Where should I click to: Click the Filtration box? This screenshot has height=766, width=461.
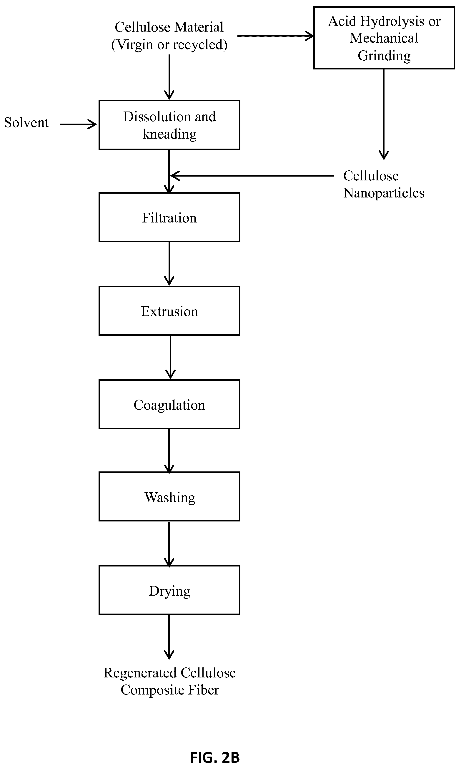tap(169, 217)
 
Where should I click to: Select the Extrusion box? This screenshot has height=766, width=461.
tap(169, 311)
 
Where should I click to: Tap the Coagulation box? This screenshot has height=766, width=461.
tap(169, 404)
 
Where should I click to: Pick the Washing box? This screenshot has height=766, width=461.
tap(169, 496)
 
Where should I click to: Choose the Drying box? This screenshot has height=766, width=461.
tap(169, 590)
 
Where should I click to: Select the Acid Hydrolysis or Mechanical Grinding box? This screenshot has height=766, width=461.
tap(384, 38)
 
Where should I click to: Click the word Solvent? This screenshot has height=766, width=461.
tap(26, 123)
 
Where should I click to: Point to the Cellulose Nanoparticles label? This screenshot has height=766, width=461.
tap(384, 184)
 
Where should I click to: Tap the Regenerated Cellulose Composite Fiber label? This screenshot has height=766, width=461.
tap(170, 681)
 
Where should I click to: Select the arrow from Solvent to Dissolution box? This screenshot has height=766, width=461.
tap(78, 124)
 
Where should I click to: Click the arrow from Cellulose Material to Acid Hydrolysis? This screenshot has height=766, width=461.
tap(276, 36)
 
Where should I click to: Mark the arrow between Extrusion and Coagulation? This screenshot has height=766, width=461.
tap(171, 357)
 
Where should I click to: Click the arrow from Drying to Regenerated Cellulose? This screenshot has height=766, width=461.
tap(169, 637)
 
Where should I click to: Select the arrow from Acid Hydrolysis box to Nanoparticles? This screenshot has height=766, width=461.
tap(384, 114)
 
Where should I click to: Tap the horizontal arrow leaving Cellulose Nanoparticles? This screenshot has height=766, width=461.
tap(252, 176)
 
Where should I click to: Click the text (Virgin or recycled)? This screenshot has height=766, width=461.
tap(169, 45)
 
